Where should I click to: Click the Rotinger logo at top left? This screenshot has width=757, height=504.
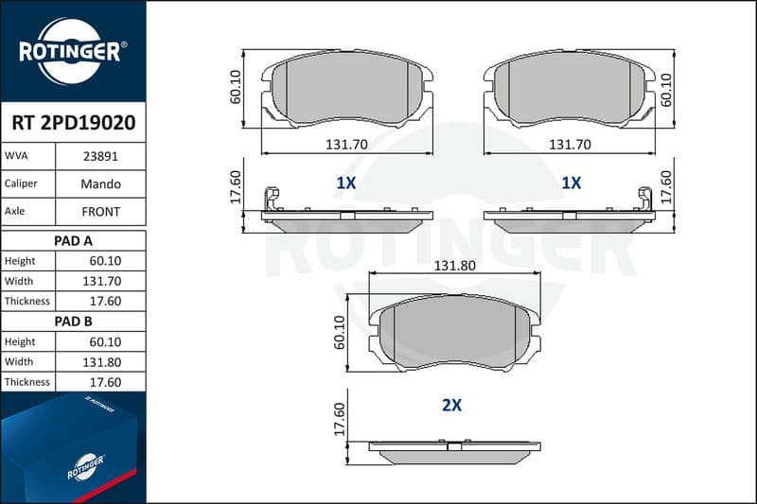click(x=73, y=52)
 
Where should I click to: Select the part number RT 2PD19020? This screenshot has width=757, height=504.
click(x=74, y=123)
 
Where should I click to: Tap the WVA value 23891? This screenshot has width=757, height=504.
click(x=100, y=156)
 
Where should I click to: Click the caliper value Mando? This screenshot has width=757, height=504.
click(x=100, y=183)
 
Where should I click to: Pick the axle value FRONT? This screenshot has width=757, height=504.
click(x=100, y=212)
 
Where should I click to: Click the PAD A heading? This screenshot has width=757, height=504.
click(x=73, y=241)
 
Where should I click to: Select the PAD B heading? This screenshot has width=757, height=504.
click(x=73, y=322)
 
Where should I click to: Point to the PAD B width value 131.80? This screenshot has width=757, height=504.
click(x=102, y=362)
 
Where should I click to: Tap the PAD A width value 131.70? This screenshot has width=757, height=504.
click(x=102, y=281)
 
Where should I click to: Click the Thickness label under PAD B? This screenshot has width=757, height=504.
click(x=27, y=382)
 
